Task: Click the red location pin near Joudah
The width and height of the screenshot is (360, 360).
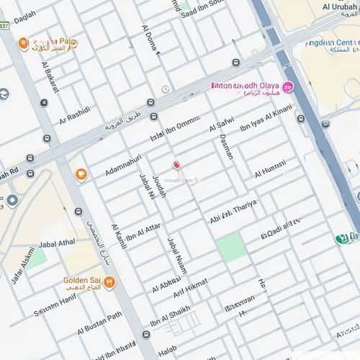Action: (x=176, y=165)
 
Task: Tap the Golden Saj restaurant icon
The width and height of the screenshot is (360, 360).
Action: (x=109, y=282)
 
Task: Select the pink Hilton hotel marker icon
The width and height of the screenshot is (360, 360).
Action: (x=288, y=87)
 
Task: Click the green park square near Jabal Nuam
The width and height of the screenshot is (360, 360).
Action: (x=231, y=248)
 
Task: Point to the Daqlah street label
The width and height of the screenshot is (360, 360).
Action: (x=24, y=14)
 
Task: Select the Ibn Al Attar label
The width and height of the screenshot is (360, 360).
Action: (x=143, y=232)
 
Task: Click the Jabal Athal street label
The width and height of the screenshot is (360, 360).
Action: (x=57, y=243)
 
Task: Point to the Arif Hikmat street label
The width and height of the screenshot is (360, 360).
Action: (x=190, y=286)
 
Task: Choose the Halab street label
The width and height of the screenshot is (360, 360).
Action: (x=167, y=351)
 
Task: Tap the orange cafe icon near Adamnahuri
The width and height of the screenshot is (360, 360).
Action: (x=81, y=174)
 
